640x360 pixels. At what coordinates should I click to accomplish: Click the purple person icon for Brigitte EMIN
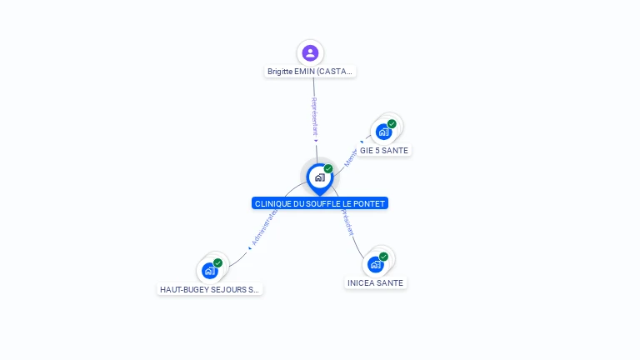310,52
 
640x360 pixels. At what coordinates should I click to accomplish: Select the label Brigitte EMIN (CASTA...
310,72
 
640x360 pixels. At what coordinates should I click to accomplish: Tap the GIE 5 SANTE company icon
383,131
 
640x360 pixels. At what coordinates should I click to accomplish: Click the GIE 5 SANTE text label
384,151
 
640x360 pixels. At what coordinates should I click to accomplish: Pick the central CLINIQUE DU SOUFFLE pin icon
319,177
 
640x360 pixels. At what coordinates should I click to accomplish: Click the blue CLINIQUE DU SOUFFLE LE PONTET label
320,203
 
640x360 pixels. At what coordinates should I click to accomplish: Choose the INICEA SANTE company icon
376,264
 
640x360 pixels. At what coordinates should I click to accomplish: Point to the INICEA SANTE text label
375,283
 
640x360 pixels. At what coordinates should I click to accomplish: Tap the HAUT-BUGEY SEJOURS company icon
210,270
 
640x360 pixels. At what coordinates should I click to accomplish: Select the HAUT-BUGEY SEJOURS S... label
210,290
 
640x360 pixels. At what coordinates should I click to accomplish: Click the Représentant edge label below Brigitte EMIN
315,117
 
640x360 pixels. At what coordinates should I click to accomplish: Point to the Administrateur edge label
263,228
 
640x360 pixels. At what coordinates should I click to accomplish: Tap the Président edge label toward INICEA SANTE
347,222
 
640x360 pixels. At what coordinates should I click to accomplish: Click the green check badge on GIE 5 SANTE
392,124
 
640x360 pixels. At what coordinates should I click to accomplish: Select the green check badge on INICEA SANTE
383,257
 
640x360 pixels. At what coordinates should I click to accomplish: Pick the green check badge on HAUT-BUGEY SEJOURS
217,263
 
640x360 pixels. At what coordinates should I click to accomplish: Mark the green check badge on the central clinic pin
328,169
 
